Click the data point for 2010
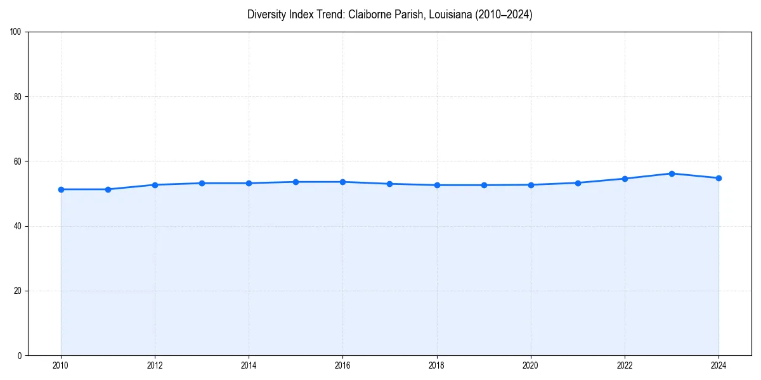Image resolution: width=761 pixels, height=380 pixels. [x=61, y=189]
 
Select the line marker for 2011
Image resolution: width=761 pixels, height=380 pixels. [x=108, y=189]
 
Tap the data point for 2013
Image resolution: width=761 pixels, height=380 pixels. [x=202, y=183]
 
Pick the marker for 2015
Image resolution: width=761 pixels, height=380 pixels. [x=296, y=182]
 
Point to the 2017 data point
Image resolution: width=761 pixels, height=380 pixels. [x=389, y=184]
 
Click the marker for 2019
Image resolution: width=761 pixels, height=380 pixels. [x=484, y=185]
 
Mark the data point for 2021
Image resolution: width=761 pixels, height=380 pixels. [x=578, y=183]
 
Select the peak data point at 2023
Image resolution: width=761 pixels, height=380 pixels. [x=672, y=174]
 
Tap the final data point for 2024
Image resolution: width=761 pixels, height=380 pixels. [x=719, y=178]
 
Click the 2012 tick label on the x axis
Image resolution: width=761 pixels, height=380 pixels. [x=155, y=365]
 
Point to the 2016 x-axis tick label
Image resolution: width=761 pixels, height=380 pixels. [x=342, y=365]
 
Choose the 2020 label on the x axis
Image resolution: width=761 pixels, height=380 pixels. [x=531, y=365]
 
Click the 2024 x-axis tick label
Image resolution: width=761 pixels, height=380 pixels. [x=719, y=365]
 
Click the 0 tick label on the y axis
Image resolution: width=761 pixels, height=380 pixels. [x=20, y=355]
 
